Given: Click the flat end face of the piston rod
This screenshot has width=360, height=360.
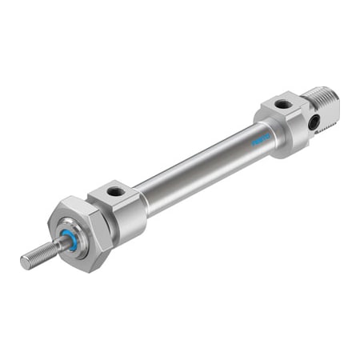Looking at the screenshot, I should [25, 262].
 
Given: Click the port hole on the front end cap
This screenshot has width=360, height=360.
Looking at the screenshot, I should [117, 192].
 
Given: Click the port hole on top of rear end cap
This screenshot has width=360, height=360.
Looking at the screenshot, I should [283, 104].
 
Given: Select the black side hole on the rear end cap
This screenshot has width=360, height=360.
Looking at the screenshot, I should [314, 122].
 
